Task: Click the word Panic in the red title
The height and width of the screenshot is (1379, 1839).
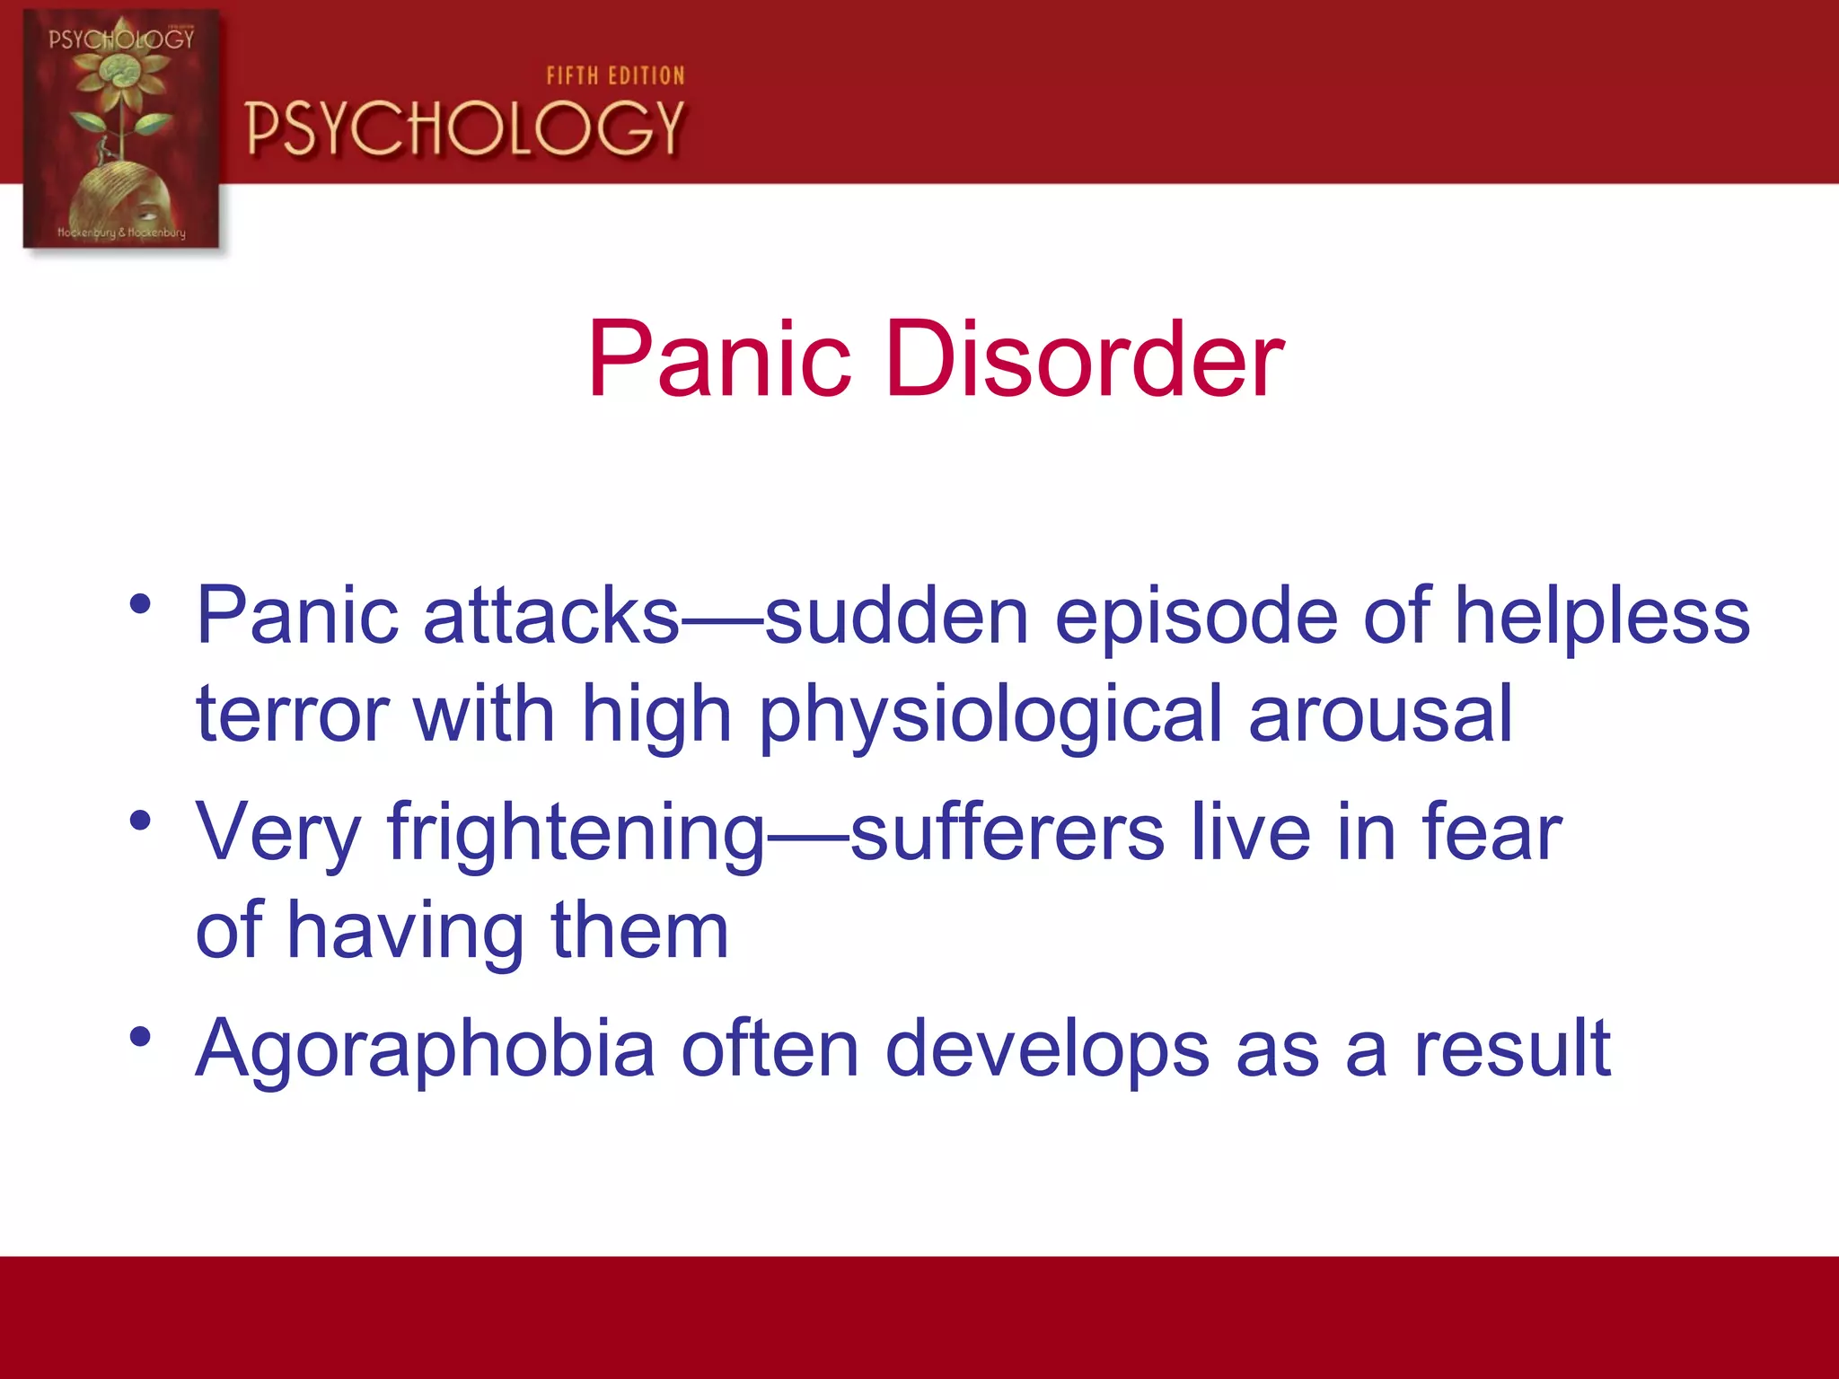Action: (718, 360)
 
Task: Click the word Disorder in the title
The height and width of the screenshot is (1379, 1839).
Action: (1085, 360)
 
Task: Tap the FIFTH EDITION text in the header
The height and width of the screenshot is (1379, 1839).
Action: (615, 76)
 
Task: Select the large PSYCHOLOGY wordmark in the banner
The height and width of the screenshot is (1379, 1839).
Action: (465, 128)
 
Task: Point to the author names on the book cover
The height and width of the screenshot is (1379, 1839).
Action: (121, 233)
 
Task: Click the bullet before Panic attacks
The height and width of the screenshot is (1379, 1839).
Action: (139, 604)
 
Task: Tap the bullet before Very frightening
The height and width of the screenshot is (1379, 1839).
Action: (139, 821)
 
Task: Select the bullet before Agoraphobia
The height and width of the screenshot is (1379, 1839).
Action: (139, 1037)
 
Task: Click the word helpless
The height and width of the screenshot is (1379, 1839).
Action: (1602, 616)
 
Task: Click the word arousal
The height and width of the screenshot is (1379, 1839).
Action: (1380, 715)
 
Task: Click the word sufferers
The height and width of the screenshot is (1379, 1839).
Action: (1007, 832)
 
